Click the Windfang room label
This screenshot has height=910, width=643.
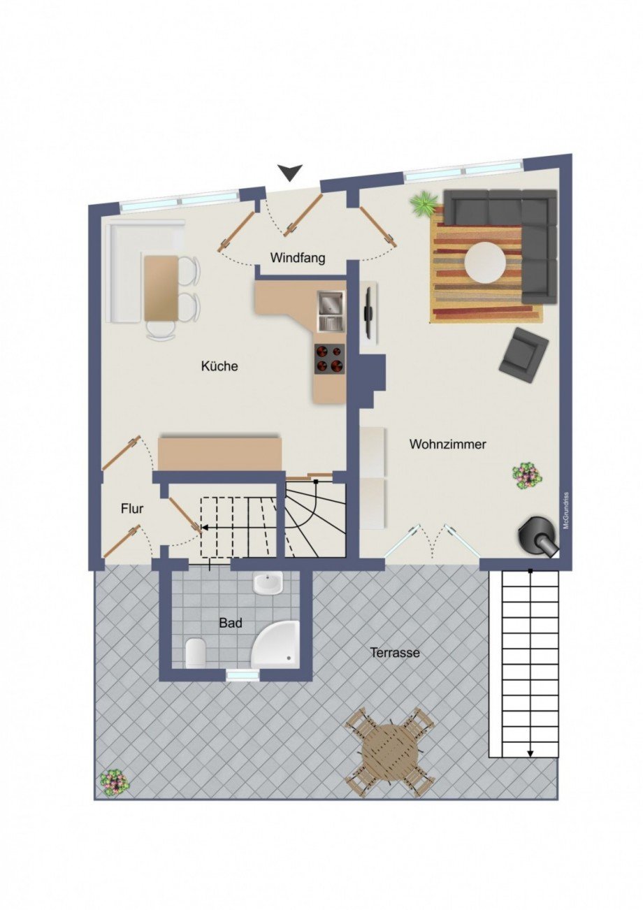(298, 258)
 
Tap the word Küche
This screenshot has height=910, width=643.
(219, 366)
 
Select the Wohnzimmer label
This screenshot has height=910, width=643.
(447, 444)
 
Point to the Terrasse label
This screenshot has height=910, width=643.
(395, 653)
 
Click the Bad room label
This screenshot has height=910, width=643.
(230, 622)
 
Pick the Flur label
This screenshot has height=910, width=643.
(132, 508)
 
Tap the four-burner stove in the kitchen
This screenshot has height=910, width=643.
(329, 358)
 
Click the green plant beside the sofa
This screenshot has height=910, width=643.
(424, 204)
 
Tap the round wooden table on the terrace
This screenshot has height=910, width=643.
(389, 752)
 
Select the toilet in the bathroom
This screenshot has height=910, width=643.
(196, 653)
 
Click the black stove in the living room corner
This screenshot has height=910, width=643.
(538, 536)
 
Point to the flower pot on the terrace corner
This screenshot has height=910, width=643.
(113, 781)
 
